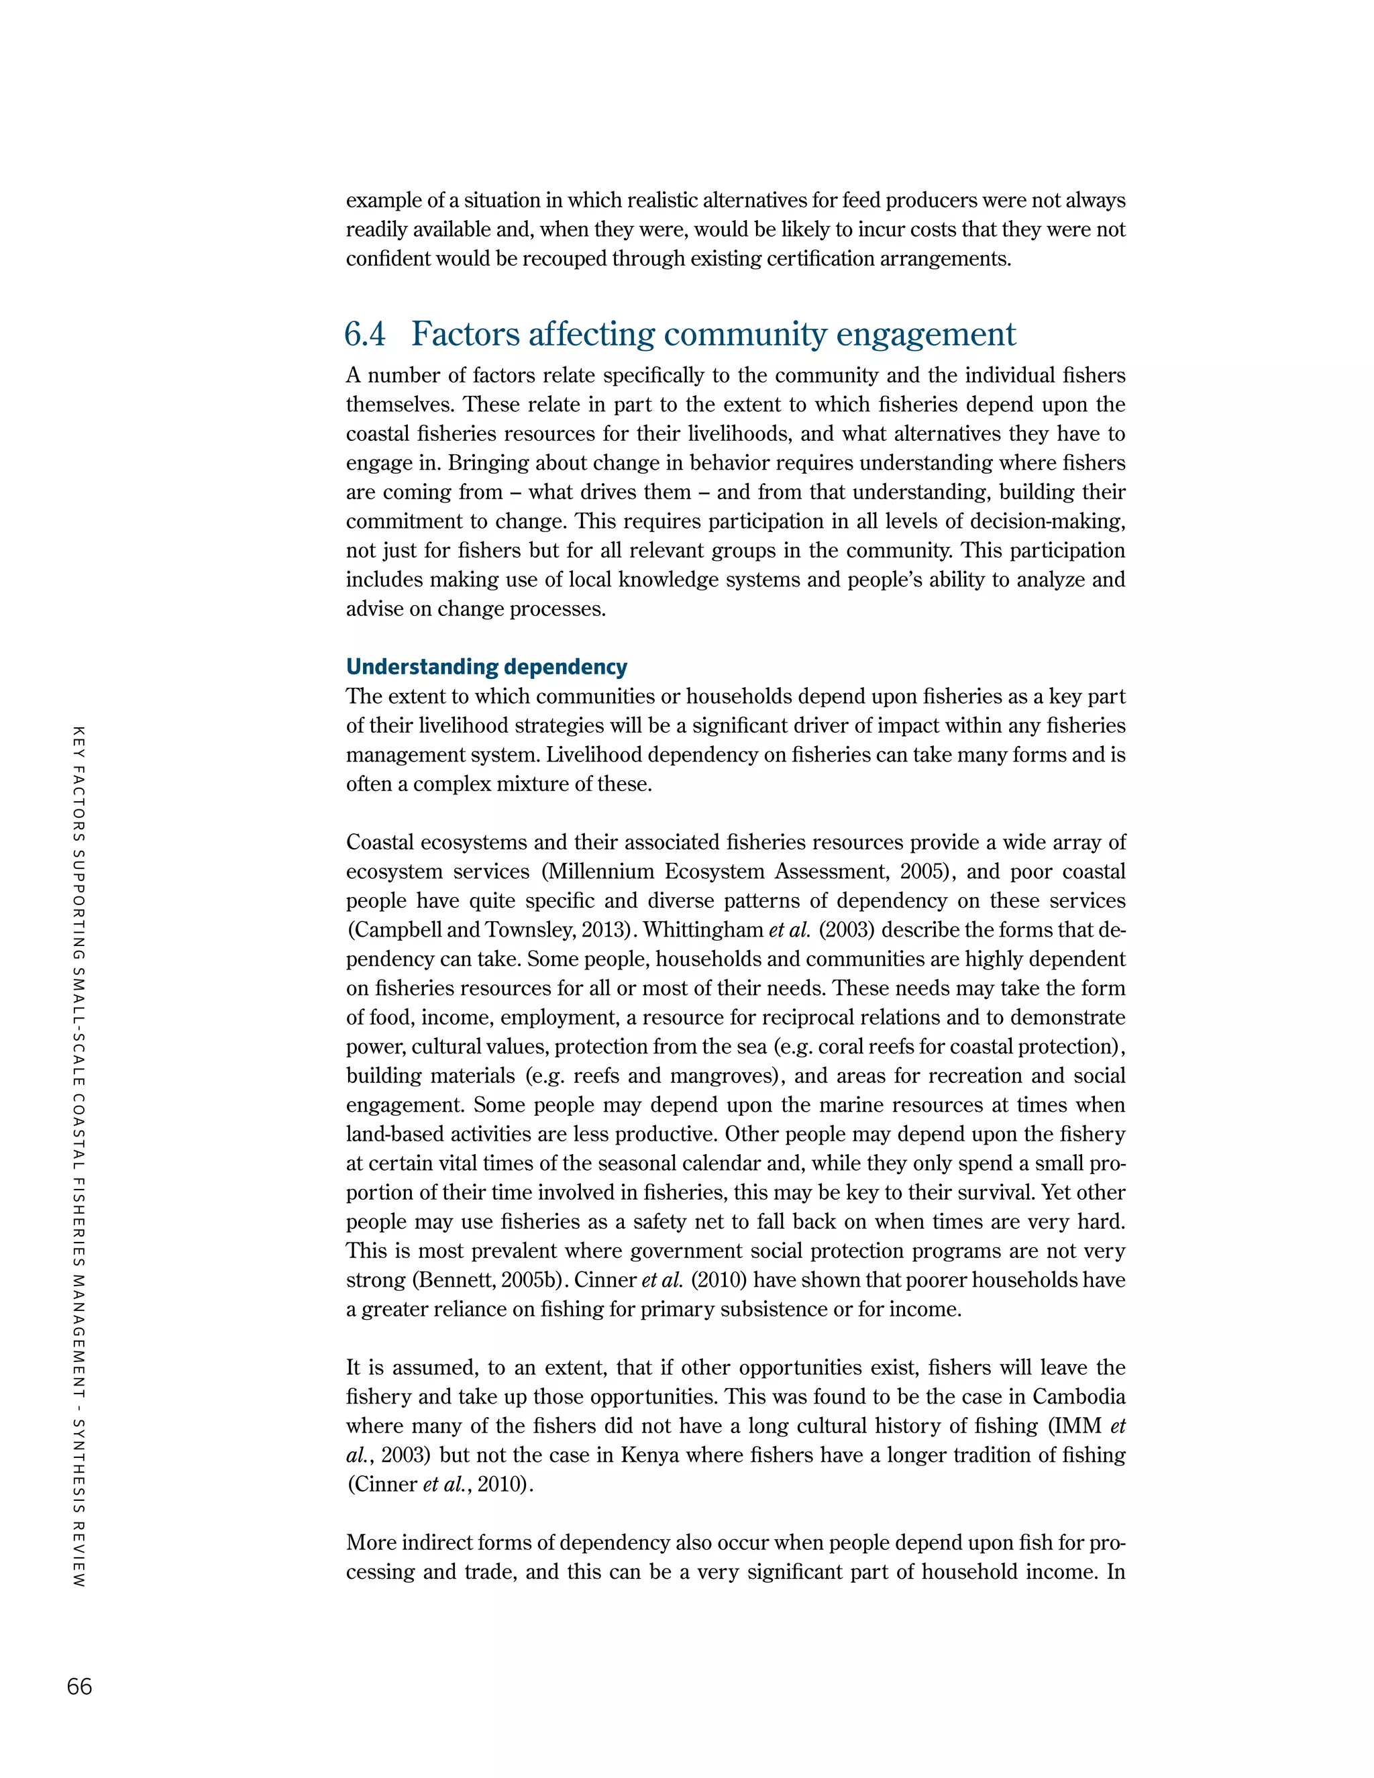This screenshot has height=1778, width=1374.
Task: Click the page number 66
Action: (80, 1686)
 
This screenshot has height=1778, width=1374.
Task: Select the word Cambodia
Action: (1079, 1397)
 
